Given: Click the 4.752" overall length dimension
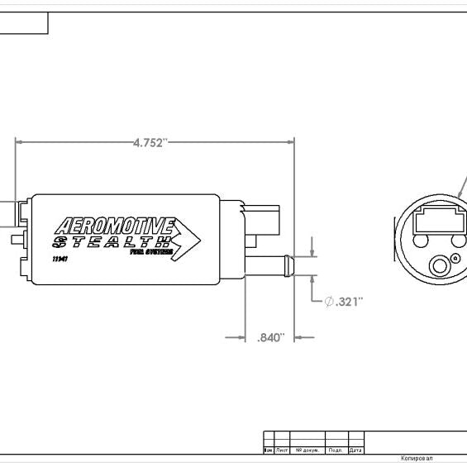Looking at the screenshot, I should [x=150, y=142].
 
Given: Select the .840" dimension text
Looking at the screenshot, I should [x=270, y=337].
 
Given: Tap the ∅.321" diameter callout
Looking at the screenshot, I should [x=344, y=302].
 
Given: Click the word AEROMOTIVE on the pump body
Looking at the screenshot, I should [x=114, y=226].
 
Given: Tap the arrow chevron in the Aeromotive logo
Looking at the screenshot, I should [x=187, y=240].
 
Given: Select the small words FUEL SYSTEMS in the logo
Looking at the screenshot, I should [x=150, y=253].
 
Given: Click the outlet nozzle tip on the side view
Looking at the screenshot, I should [x=286, y=266].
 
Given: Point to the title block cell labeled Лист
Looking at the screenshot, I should [x=281, y=450].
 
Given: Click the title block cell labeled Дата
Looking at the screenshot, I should [x=355, y=450].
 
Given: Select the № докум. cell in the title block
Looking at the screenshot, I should [x=307, y=450].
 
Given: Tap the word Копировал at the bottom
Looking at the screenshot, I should [x=417, y=458].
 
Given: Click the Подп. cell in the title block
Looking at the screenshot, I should [x=336, y=450].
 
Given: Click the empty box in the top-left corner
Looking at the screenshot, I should [x=23, y=23].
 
